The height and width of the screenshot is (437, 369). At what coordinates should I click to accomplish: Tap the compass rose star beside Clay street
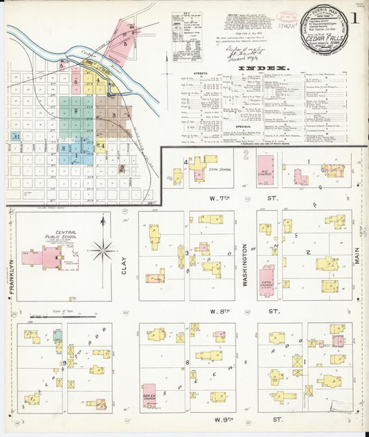(x=102, y=250)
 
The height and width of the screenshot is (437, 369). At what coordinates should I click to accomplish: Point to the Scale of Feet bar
(x=72, y=316)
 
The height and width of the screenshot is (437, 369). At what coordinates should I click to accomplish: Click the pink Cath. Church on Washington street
(x=266, y=281)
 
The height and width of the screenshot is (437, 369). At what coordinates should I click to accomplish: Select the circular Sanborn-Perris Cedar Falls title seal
(x=326, y=32)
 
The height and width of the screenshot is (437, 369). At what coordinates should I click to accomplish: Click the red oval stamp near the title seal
(x=285, y=15)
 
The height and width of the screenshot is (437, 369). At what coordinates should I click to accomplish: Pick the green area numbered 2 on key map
(x=75, y=111)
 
